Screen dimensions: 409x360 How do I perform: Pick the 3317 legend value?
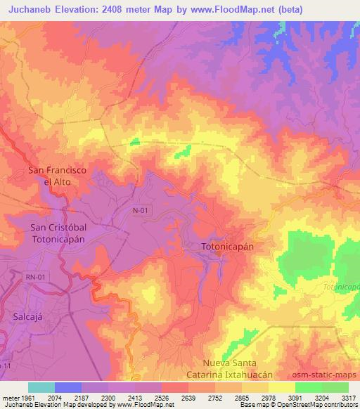tap(348, 398)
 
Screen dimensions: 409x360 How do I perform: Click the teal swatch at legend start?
tap(41, 387)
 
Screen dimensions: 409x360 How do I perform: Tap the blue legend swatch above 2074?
tap(68, 387)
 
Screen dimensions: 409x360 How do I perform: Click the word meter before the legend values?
tap(11, 398)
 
